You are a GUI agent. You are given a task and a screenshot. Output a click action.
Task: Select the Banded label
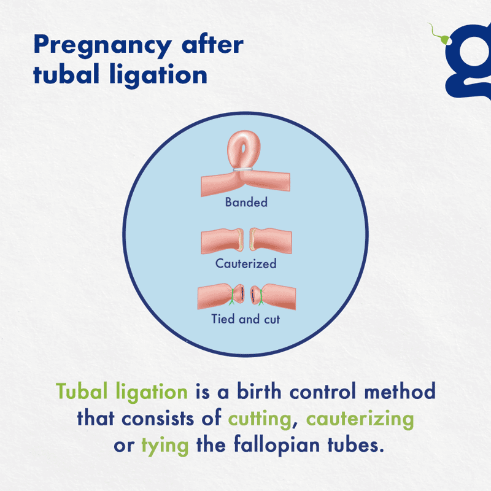(247, 203)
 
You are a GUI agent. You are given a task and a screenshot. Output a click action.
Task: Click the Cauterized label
(246, 264)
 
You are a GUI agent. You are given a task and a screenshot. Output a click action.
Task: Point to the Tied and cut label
(245, 319)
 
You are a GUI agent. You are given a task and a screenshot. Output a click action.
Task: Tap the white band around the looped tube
(242, 169)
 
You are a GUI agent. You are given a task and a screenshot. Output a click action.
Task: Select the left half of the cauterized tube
(222, 241)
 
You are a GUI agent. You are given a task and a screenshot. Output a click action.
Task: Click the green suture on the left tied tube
(233, 296)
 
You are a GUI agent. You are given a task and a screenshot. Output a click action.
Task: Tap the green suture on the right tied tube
(261, 297)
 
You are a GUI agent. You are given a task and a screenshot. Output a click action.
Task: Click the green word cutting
(260, 420)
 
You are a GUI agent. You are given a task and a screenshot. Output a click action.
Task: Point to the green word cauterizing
(360, 420)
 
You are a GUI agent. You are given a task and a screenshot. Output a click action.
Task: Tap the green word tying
(165, 446)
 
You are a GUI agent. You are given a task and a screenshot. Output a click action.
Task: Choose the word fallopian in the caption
(277, 446)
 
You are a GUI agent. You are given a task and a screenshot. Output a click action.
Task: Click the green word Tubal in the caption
(82, 392)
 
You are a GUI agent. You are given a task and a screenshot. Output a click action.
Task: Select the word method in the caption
(400, 391)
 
